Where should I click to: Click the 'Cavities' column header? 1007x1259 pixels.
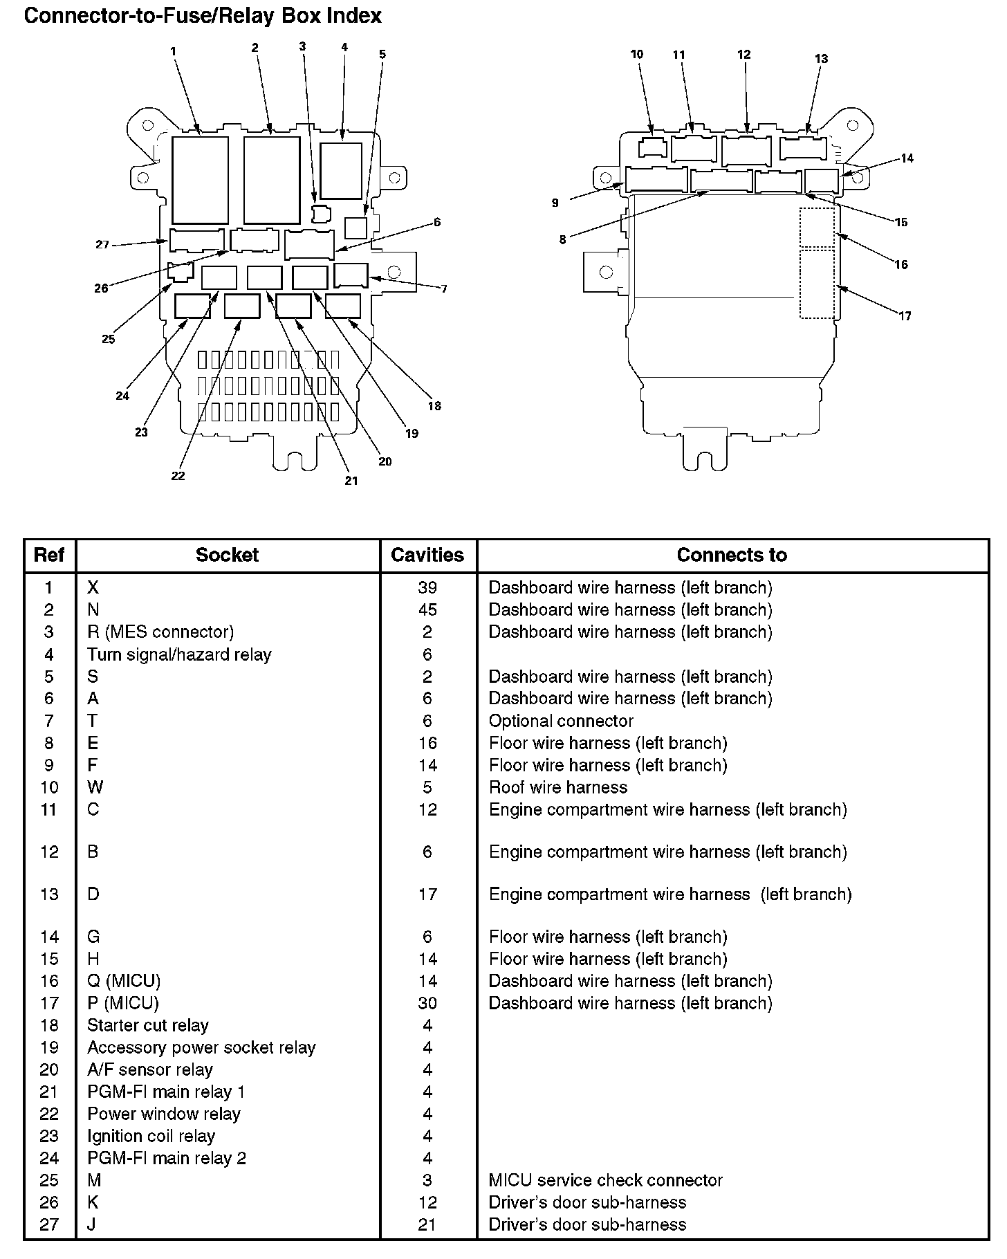(427, 555)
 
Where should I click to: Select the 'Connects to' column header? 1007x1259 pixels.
(732, 555)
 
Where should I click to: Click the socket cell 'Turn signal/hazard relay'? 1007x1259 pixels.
(179, 654)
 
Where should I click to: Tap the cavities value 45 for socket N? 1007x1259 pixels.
(427, 609)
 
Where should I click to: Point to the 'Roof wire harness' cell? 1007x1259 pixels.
(557, 787)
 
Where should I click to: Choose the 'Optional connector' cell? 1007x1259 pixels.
(561, 721)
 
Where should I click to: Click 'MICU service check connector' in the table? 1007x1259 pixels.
(605, 1180)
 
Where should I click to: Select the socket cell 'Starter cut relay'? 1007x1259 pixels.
(147, 1025)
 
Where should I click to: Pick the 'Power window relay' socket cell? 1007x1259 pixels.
(163, 1114)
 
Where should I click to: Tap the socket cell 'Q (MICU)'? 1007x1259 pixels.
(124, 981)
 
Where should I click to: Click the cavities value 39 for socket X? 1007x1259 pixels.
(427, 587)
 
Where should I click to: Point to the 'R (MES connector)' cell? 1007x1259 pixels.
(160, 632)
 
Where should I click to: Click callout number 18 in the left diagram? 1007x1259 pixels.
(434, 406)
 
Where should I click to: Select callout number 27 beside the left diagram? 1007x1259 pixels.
(102, 244)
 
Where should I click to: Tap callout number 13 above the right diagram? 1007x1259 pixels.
(821, 59)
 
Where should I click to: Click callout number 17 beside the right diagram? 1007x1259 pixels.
(905, 316)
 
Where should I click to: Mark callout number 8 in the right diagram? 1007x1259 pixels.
(562, 240)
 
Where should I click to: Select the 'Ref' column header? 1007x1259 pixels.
(49, 555)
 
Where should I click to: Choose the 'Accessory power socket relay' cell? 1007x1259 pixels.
(201, 1047)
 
